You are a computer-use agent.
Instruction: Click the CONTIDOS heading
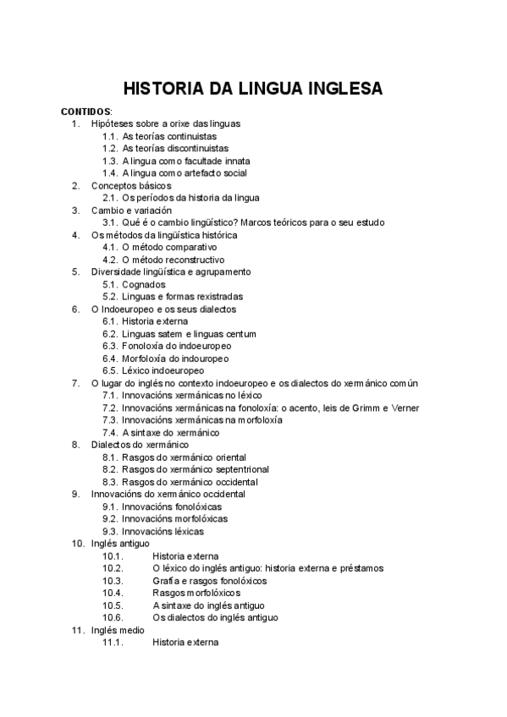click(85, 111)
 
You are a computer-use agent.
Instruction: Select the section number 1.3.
click(109, 161)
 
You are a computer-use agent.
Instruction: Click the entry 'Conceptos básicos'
click(131, 185)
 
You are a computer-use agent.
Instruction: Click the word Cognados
click(143, 284)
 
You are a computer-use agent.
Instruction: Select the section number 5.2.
click(109, 297)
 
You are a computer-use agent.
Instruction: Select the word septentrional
click(240, 469)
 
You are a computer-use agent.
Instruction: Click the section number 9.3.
click(109, 531)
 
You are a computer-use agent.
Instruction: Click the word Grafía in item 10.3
click(166, 581)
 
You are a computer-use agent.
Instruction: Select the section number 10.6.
click(113, 618)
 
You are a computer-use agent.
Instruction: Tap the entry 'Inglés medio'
click(118, 630)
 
